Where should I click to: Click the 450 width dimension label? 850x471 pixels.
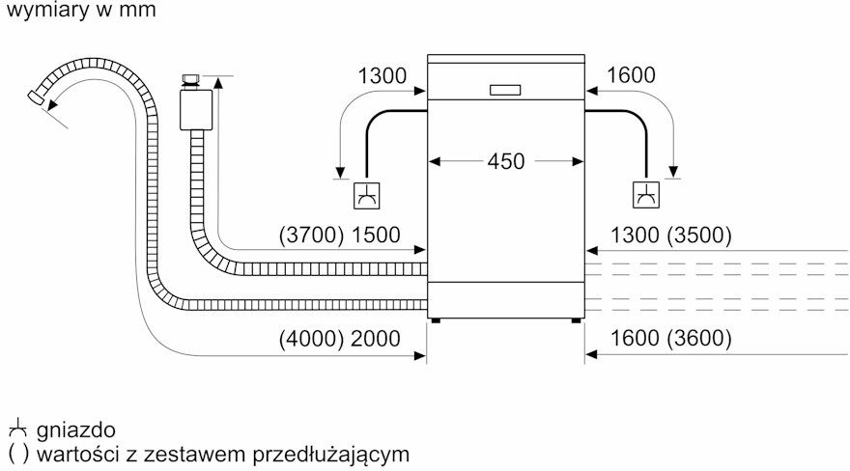click(x=506, y=161)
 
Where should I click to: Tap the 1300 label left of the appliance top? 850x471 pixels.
click(x=382, y=76)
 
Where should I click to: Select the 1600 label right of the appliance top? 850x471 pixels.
click(x=631, y=75)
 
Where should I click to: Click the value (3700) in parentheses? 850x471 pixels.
click(x=311, y=235)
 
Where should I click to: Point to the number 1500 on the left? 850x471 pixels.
click(x=376, y=235)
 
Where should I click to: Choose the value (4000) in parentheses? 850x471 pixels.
click(x=311, y=339)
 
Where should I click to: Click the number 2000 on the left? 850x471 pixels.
click(x=376, y=339)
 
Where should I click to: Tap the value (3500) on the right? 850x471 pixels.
click(x=699, y=235)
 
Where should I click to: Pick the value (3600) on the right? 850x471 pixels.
click(x=699, y=339)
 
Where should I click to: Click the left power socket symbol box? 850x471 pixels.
click(x=366, y=196)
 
